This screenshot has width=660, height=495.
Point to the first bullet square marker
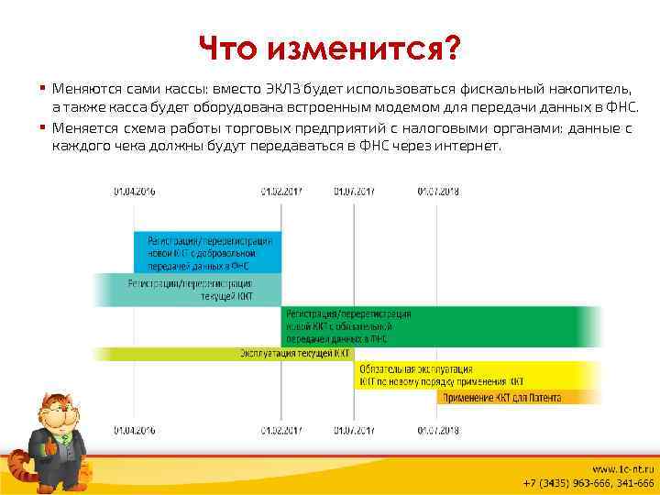[x=43, y=89]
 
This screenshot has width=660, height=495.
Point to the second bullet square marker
[x=43, y=126]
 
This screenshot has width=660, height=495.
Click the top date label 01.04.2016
[x=134, y=191]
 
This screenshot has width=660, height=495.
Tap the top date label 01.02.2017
[x=281, y=191]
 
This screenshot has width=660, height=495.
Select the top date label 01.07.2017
[x=355, y=191]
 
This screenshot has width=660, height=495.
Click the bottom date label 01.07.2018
[x=438, y=428]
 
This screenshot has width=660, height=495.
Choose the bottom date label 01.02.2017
[x=281, y=428]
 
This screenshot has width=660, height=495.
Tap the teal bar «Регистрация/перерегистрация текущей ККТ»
[x=187, y=290]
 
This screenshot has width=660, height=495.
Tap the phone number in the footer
[x=588, y=483]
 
